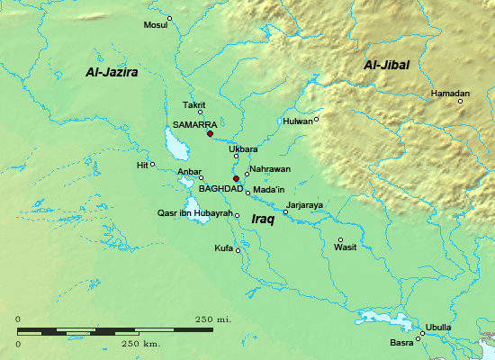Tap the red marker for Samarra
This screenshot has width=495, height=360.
click(x=210, y=134)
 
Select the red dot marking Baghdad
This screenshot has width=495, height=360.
click(x=236, y=178)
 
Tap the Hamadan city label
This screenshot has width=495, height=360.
click(x=450, y=94)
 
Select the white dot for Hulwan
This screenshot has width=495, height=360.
click(x=316, y=119)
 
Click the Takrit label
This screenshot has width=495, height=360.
click(x=194, y=105)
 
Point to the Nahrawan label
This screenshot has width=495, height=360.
click(x=271, y=169)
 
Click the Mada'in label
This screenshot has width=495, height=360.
click(x=268, y=190)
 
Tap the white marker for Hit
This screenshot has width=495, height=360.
click(x=152, y=164)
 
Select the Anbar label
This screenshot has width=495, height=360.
click(x=189, y=171)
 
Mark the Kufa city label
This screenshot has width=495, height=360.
click(x=223, y=247)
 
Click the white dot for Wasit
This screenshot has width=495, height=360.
click(x=340, y=238)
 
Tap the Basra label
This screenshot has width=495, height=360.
click(x=401, y=343)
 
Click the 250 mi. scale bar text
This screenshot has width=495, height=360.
click(x=214, y=319)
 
